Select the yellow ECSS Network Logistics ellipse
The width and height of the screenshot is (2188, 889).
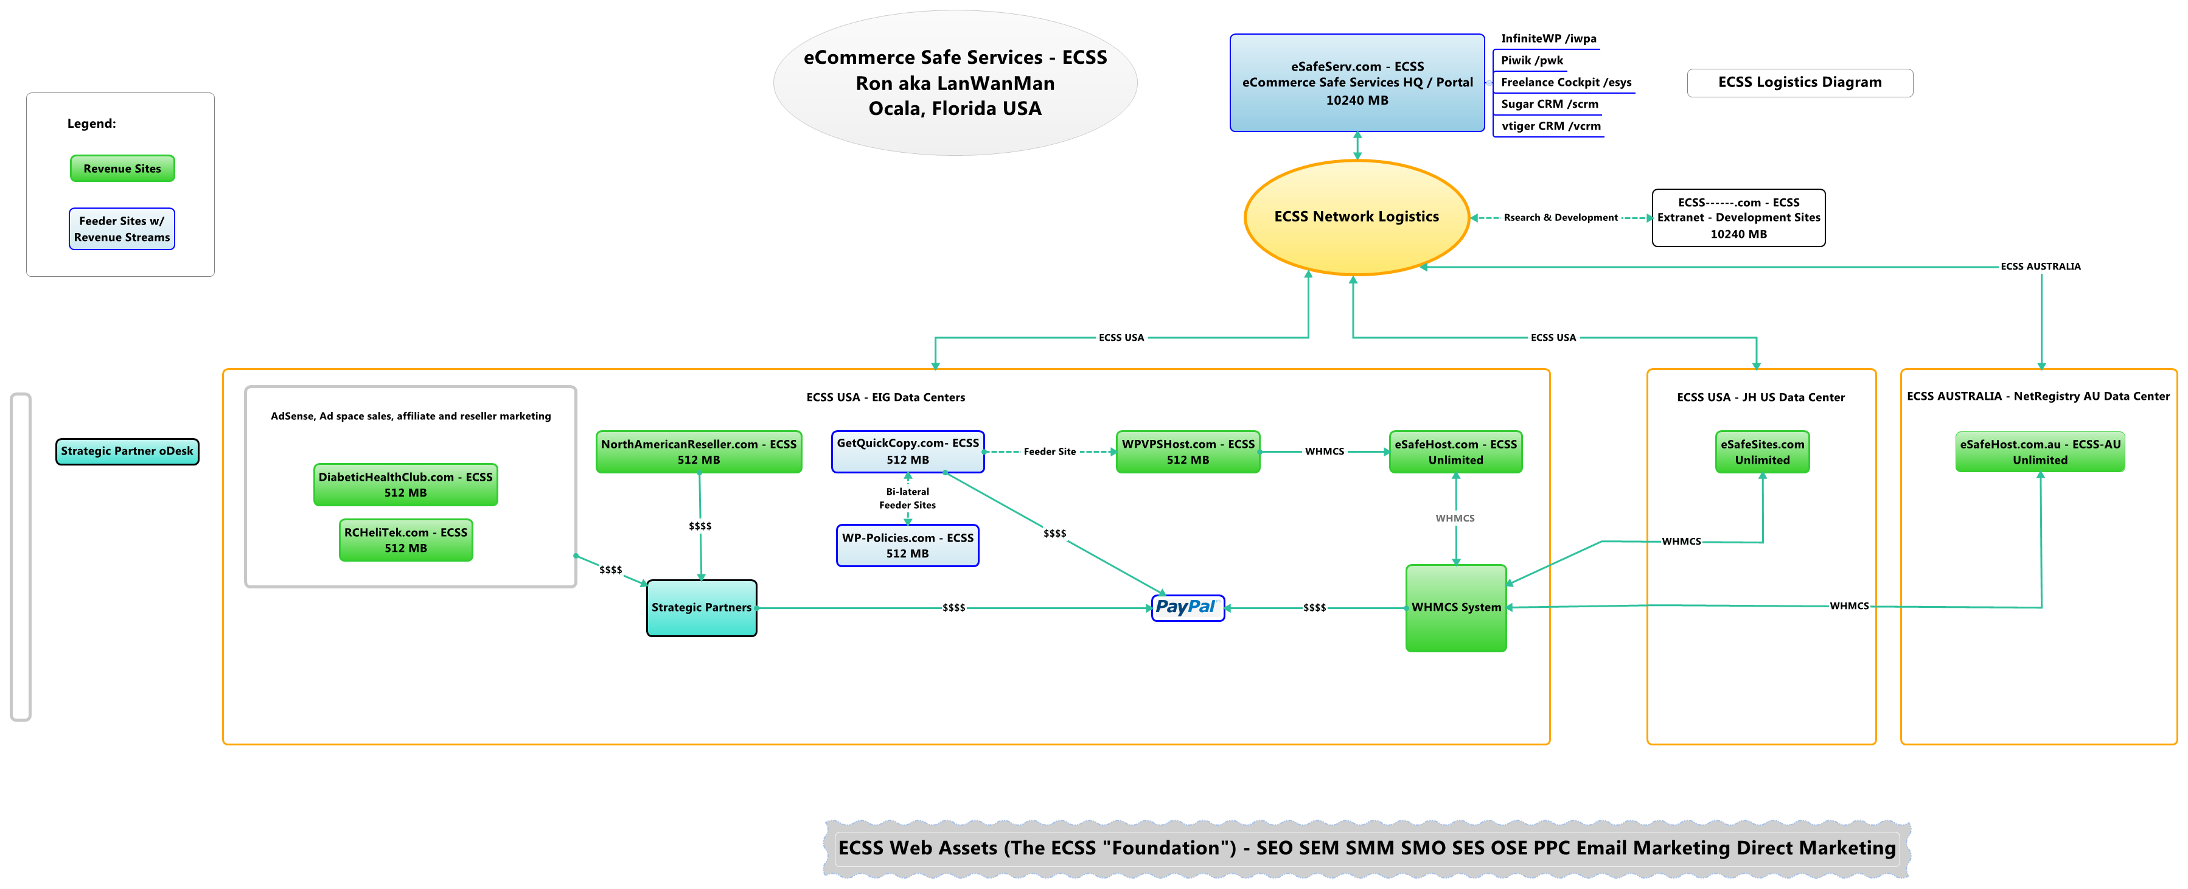(x=1356, y=217)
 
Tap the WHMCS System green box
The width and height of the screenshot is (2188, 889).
(x=1456, y=608)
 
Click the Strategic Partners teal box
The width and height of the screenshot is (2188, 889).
(x=701, y=608)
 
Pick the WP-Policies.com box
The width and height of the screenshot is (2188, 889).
(x=907, y=545)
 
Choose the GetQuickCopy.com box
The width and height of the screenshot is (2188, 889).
(x=907, y=451)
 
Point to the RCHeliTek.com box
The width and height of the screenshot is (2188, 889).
(x=405, y=540)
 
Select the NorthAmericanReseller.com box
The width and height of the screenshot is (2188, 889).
(x=698, y=451)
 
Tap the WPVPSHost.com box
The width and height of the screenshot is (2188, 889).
(x=1188, y=451)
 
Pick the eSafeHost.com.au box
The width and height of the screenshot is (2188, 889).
(x=2040, y=451)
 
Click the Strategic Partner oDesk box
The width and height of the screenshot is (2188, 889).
(x=127, y=451)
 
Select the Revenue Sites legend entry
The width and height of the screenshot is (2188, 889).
(x=122, y=168)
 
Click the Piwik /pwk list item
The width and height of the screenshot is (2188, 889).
(x=1531, y=60)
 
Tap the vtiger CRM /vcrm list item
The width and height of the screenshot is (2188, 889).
(x=1550, y=126)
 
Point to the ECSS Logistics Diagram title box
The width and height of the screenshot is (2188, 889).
(x=1799, y=82)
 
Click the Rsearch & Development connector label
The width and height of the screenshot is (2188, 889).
(x=1560, y=217)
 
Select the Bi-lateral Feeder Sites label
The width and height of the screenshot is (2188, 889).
(x=907, y=498)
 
